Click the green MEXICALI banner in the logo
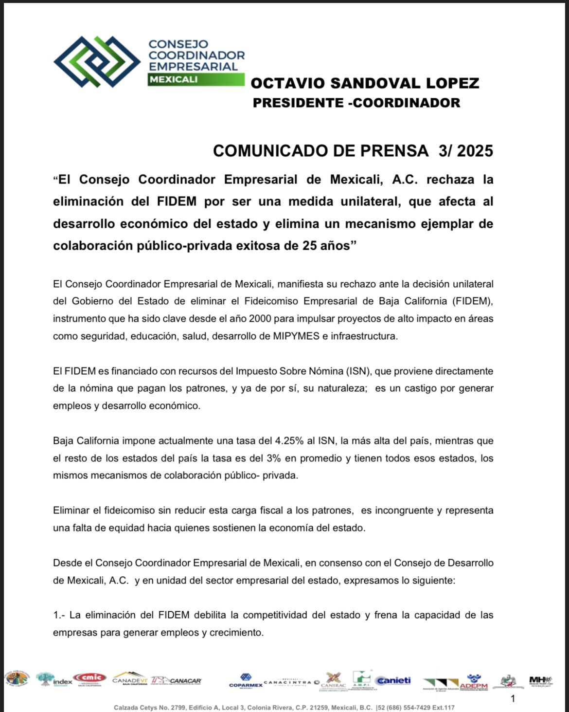(196, 79)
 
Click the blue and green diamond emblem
(97, 62)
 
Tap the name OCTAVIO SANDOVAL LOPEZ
(365, 83)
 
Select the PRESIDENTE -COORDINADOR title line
(356, 103)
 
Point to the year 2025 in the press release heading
(475, 151)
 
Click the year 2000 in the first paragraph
(260, 319)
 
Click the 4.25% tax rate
(290, 441)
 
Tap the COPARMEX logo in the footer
(246, 680)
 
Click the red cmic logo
(89, 678)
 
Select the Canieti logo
(393, 680)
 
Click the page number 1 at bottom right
(513, 699)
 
